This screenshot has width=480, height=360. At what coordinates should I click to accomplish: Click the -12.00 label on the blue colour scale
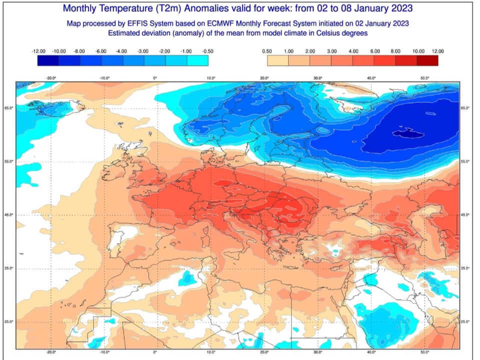[38, 51]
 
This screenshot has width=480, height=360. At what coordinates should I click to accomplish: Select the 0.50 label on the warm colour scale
[267, 51]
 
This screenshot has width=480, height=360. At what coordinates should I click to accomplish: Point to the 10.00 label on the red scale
[418, 51]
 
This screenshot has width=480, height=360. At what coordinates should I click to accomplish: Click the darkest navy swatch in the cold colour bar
[48, 60]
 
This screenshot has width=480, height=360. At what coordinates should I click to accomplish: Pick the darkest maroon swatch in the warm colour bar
[427, 60]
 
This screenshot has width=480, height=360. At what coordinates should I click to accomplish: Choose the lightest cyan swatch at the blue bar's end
[197, 60]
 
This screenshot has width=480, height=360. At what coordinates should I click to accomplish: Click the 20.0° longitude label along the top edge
[264, 78]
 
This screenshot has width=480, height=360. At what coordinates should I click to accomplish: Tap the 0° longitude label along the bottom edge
[155, 351]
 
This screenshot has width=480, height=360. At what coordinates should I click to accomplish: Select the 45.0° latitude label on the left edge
[9, 215]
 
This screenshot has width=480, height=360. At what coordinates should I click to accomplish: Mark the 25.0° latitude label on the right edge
[464, 321]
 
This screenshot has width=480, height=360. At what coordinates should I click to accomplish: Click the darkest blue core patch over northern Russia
[407, 133]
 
